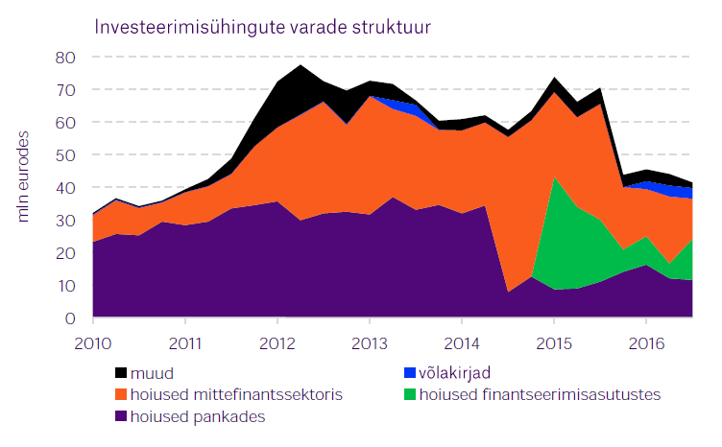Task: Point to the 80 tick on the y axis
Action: pyautogui.click(x=63, y=58)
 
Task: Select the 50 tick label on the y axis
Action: pyautogui.click(x=63, y=155)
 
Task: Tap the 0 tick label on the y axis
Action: pyautogui.click(x=69, y=318)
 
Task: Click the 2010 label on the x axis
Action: pyautogui.click(x=93, y=342)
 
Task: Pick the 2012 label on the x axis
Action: pyautogui.click(x=277, y=342)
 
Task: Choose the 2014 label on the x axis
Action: pyautogui.click(x=462, y=342)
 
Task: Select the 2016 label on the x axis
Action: pyautogui.click(x=646, y=342)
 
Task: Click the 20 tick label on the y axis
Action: pyautogui.click(x=63, y=253)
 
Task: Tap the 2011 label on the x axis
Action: pyautogui.click(x=185, y=342)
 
